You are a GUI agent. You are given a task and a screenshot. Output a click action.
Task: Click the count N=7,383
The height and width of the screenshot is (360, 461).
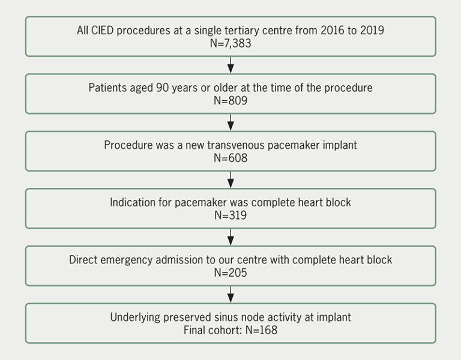point(230,43)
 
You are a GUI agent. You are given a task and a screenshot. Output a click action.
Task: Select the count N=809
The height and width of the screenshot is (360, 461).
point(230,100)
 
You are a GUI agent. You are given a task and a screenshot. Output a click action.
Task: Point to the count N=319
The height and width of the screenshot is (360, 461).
point(230,215)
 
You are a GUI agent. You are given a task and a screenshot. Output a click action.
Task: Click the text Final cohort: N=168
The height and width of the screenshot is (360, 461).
point(230,329)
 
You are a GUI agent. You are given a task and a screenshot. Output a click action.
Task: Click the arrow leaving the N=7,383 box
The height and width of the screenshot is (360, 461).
point(230,65)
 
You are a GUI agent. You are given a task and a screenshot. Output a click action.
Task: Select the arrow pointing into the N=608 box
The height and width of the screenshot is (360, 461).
point(230,122)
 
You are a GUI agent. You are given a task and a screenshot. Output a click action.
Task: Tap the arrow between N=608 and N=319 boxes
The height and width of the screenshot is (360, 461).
point(230,179)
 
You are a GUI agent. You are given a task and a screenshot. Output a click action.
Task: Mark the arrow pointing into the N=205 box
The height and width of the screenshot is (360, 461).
point(230,237)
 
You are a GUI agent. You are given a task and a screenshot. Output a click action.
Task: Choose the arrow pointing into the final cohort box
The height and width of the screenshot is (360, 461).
point(230,294)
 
